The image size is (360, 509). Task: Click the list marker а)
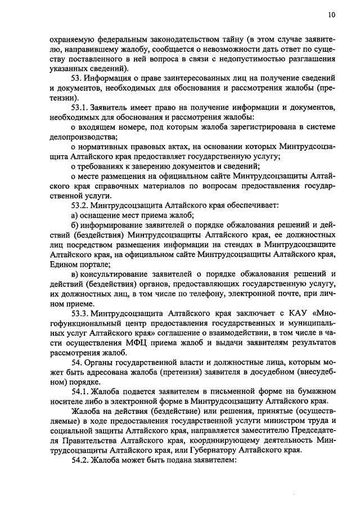tap(75, 215)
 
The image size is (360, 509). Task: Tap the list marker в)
tap(75, 274)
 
